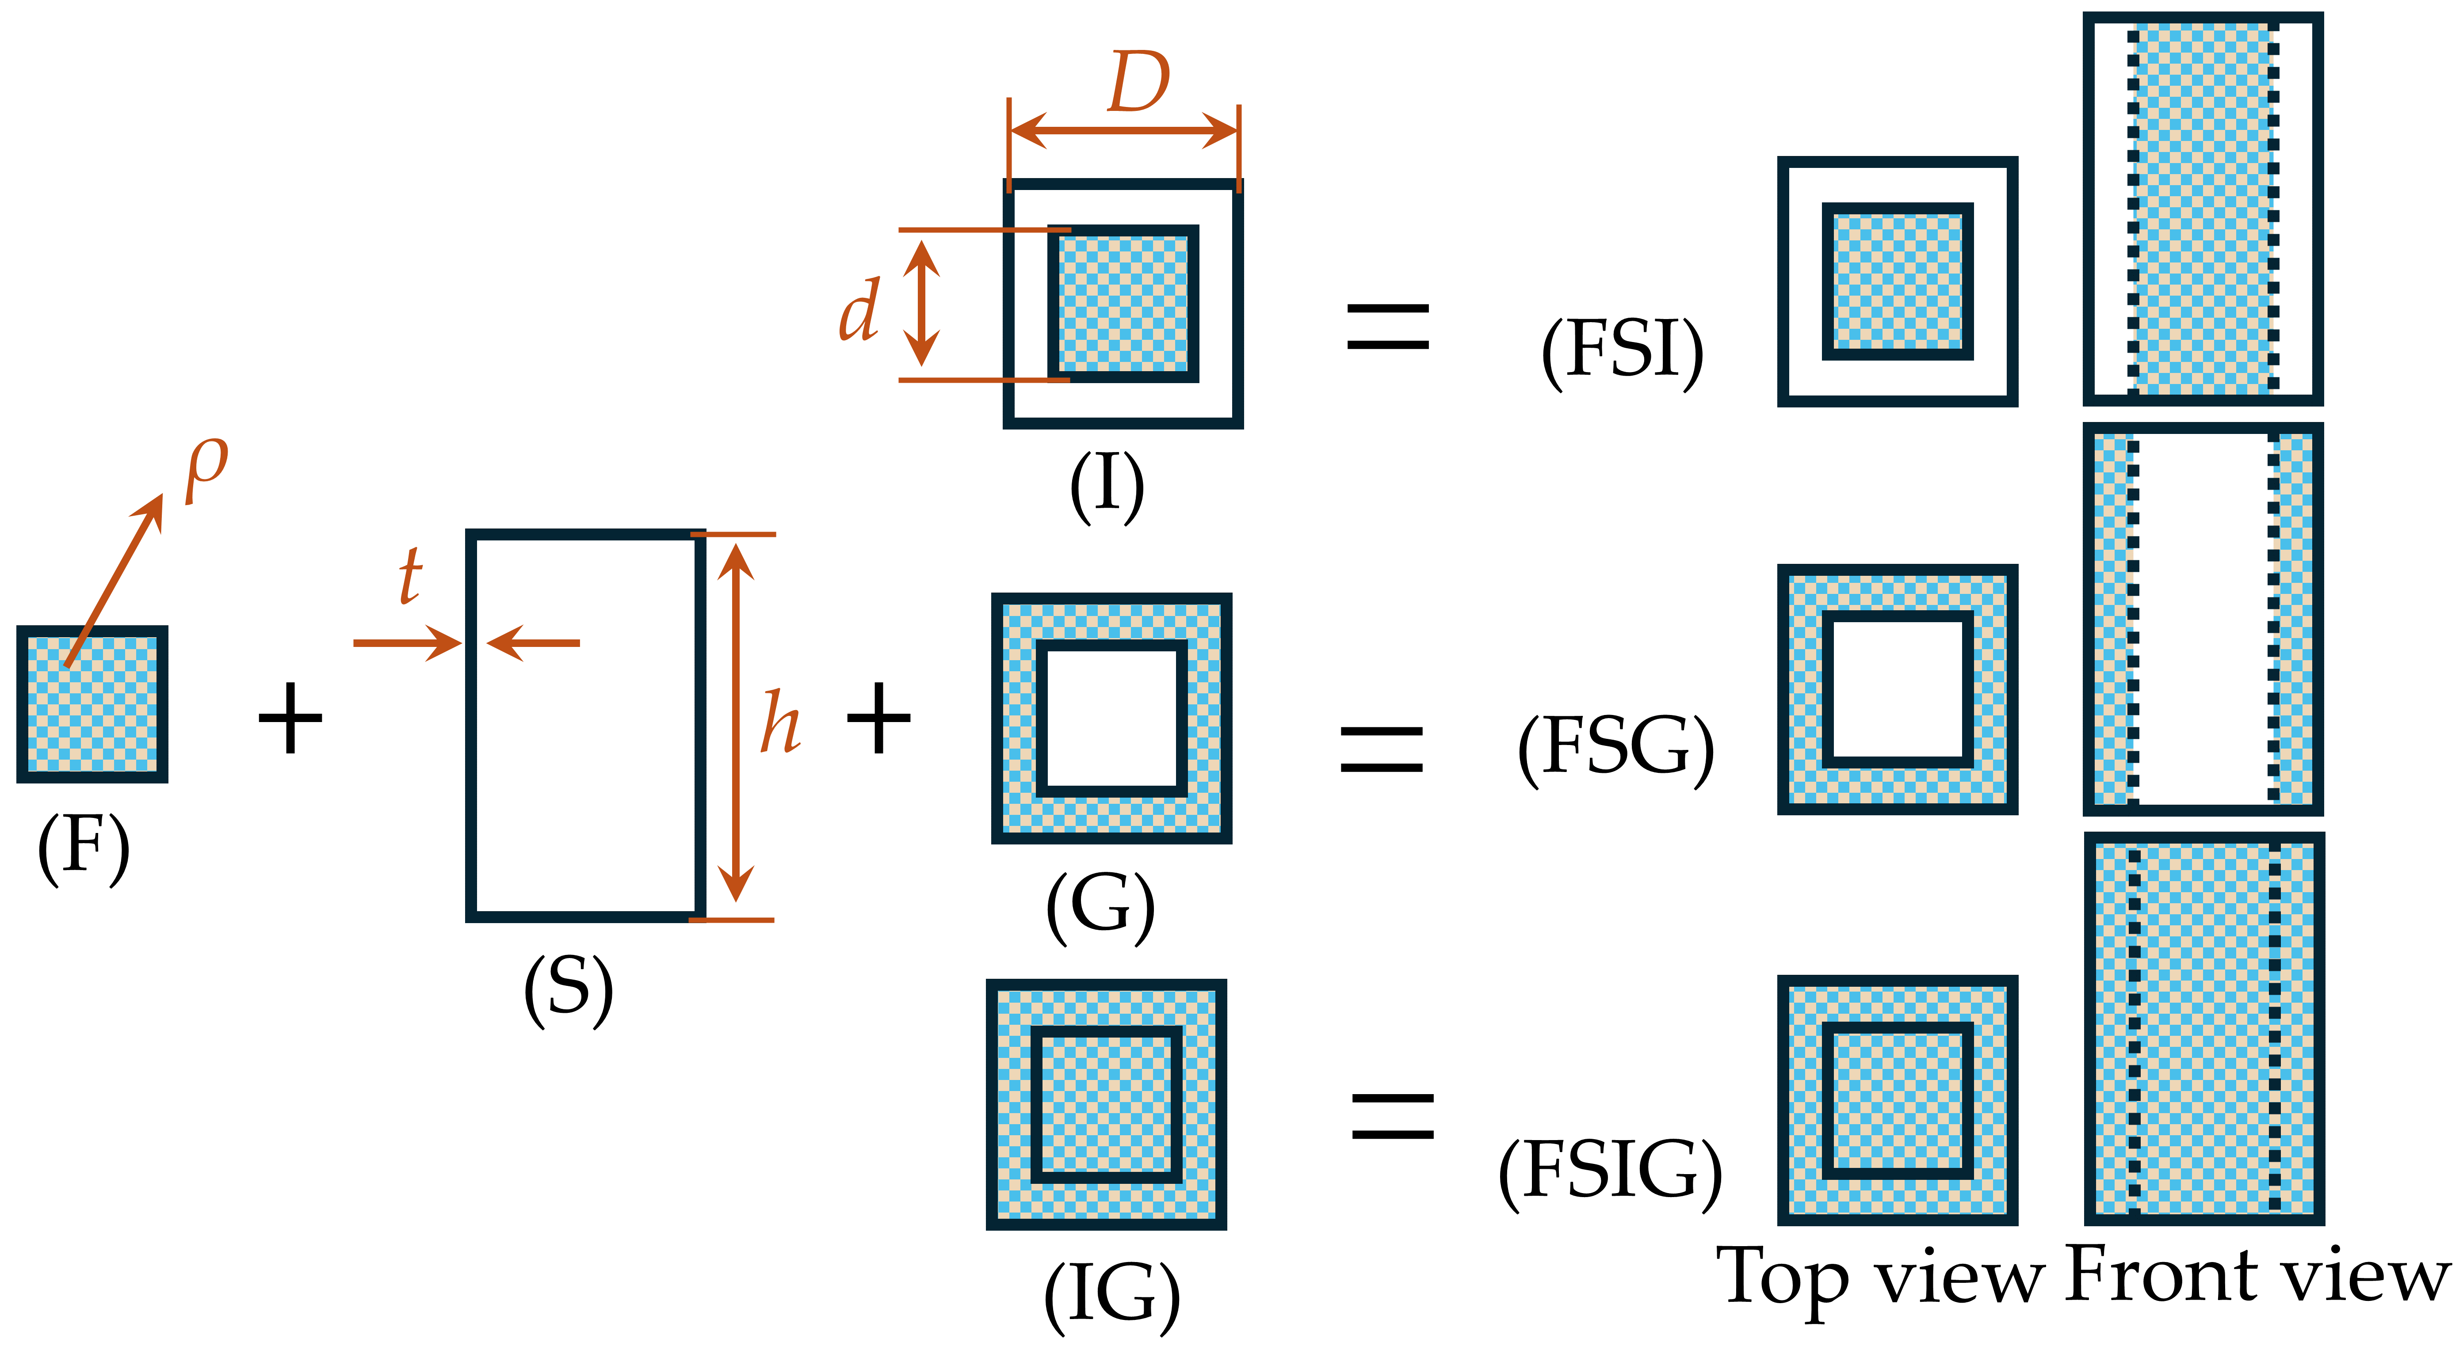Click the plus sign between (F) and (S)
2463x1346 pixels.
tap(290, 718)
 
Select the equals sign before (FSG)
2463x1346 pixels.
tap(1382, 749)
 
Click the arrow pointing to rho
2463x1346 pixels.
tap(115, 578)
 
